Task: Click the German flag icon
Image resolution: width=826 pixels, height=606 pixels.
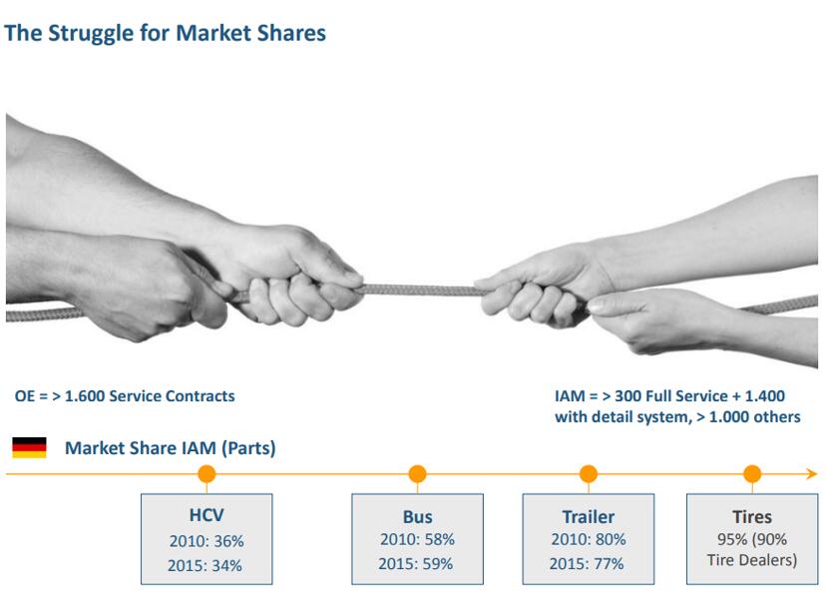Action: click(x=30, y=447)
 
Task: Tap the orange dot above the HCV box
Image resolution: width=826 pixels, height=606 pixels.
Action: click(x=207, y=473)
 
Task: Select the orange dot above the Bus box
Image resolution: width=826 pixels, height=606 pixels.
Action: click(x=417, y=473)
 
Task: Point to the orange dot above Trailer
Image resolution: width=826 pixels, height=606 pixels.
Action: click(x=589, y=473)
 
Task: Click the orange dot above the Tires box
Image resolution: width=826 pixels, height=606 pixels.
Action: click(x=752, y=473)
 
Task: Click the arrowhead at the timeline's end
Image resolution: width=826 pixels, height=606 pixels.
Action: click(x=812, y=473)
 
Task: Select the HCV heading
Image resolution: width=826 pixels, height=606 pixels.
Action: click(x=206, y=515)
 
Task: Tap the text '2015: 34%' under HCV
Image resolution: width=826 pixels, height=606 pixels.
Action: click(x=205, y=565)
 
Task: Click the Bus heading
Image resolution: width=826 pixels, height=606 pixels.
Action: click(x=418, y=517)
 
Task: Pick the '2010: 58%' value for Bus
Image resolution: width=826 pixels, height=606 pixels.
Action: click(x=417, y=539)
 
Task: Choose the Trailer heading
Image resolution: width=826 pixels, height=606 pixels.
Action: click(x=589, y=517)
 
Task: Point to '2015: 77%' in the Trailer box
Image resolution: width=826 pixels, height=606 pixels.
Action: click(x=587, y=564)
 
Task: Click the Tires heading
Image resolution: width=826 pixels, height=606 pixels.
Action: click(x=752, y=517)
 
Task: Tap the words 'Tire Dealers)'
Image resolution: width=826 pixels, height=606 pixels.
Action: click(x=752, y=560)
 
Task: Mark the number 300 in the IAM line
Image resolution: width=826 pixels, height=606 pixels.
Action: click(x=626, y=396)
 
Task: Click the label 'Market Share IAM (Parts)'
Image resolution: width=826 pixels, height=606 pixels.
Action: click(x=171, y=448)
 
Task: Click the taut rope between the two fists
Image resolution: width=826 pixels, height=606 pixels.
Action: click(x=419, y=290)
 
